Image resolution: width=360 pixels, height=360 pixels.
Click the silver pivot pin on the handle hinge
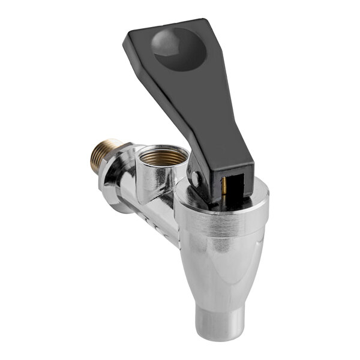193,178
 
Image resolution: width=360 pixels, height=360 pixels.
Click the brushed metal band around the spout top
222,225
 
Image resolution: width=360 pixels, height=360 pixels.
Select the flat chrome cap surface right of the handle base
255,195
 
